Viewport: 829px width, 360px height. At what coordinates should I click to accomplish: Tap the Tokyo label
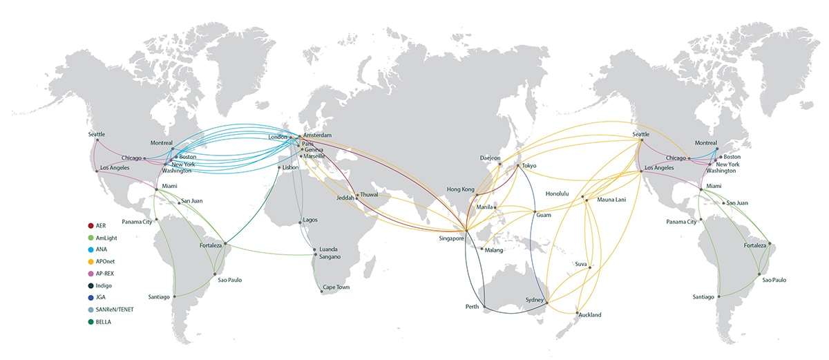click(x=529, y=166)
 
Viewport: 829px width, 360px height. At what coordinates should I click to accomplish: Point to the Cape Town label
click(x=335, y=287)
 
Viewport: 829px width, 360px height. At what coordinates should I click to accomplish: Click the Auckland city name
click(x=589, y=315)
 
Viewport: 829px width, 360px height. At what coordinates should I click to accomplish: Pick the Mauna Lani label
click(x=611, y=200)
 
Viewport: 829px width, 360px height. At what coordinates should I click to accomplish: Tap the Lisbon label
click(x=292, y=168)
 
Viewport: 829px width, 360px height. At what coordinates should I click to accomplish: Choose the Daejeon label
click(x=490, y=158)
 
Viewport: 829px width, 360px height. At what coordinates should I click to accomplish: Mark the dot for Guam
click(x=535, y=211)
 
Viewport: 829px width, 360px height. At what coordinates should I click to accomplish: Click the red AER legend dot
click(x=90, y=226)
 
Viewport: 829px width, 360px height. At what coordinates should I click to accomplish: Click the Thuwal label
click(x=370, y=195)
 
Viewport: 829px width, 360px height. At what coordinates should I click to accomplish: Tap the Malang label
click(x=495, y=249)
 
